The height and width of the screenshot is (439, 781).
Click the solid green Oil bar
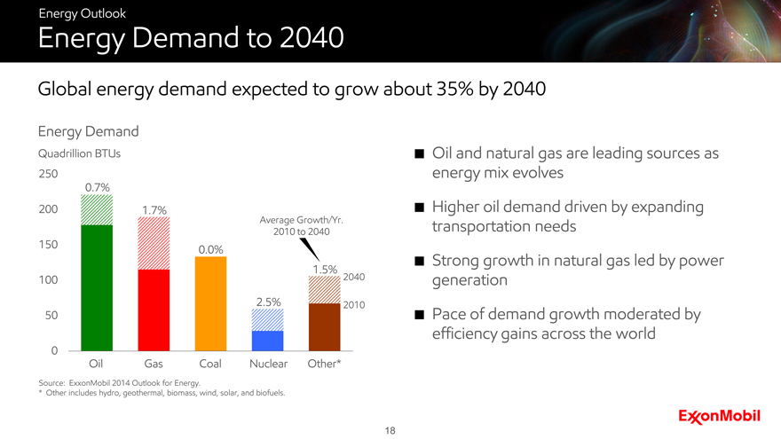(x=97, y=287)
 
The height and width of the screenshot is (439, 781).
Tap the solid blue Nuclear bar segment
(x=267, y=341)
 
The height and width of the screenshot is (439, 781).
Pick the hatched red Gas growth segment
(x=154, y=243)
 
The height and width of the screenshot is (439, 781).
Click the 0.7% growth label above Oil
(x=97, y=187)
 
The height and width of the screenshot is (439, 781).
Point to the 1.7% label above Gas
(x=154, y=210)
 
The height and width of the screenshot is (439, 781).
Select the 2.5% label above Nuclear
(x=268, y=302)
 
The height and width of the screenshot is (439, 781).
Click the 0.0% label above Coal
(x=210, y=249)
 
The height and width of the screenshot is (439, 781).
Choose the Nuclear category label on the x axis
(x=268, y=364)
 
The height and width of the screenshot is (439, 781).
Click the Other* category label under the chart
(x=325, y=364)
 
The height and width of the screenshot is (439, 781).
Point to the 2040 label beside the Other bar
(x=354, y=278)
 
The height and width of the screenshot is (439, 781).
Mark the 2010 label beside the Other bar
(x=355, y=305)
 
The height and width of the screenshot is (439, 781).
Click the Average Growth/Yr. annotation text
(x=301, y=219)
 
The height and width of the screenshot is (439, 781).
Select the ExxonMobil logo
(x=720, y=415)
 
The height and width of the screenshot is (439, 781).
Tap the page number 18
(x=390, y=430)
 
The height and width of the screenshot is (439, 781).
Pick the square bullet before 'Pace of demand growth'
(x=420, y=316)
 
